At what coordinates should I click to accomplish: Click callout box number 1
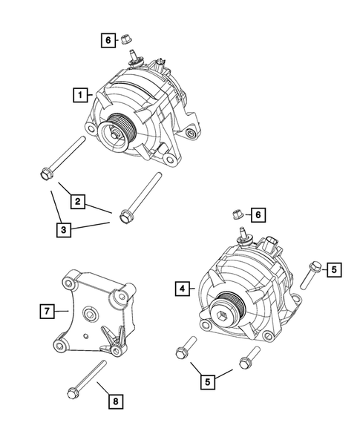pos(78,95)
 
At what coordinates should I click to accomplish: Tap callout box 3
pos(65,229)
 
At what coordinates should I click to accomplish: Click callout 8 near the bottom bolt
pos(115,401)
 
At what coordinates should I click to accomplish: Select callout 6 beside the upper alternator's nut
pos(108,40)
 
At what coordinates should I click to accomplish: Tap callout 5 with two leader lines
pos(210,382)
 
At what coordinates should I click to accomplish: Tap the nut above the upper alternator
pos(127,35)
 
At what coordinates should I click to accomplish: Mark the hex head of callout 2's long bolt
pos(42,176)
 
